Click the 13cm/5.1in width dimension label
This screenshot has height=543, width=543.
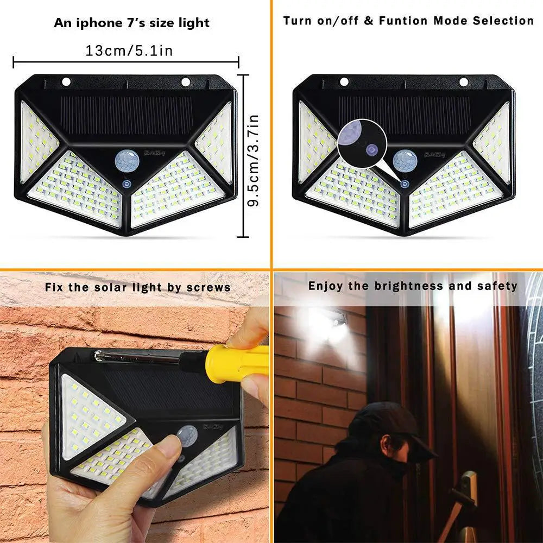coord(129,51)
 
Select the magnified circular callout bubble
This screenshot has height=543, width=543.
coord(358,141)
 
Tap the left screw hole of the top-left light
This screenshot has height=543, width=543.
coord(66,81)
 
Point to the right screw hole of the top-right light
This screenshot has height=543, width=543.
coord(463,81)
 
